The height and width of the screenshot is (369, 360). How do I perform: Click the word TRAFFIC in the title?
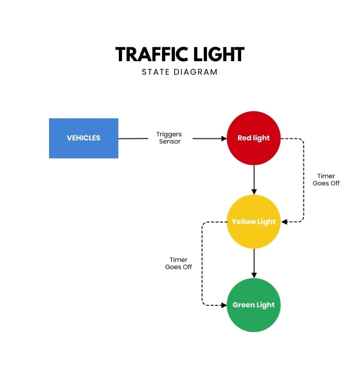147,54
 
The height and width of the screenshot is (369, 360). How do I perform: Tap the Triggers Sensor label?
169,138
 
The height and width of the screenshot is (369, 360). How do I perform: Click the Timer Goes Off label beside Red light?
326,180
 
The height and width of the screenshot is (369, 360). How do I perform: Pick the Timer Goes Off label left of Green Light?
179,263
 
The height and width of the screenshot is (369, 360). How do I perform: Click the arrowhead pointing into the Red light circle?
224,138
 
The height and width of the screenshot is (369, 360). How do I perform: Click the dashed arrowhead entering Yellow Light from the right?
284,221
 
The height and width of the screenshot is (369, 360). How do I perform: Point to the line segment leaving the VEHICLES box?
133,138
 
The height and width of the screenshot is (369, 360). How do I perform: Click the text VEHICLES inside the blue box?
83,138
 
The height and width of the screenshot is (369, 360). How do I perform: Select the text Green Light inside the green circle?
254,305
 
